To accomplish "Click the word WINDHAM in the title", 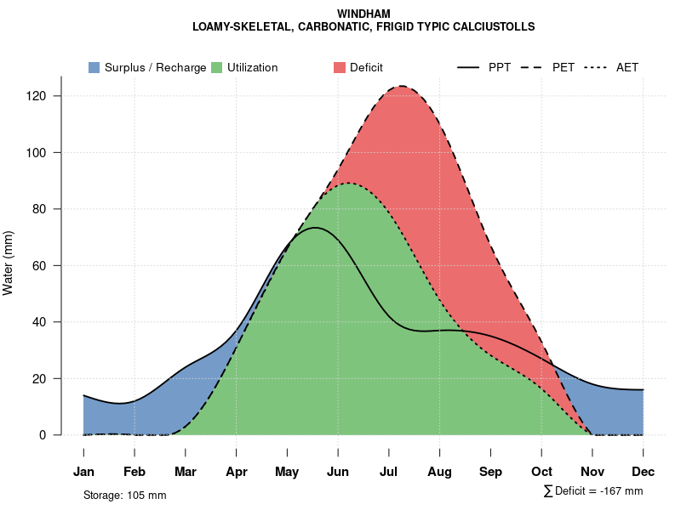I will click(x=363, y=14).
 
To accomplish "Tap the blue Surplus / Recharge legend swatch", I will click(x=94, y=67).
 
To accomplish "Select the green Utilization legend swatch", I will click(x=216, y=67).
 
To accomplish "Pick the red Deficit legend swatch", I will click(x=339, y=67).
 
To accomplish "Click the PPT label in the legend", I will click(x=500, y=67).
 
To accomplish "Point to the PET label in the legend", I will click(x=564, y=67).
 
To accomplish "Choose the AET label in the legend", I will click(x=627, y=67).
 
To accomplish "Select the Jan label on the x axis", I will click(x=83, y=472).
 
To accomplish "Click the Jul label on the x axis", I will click(x=389, y=472).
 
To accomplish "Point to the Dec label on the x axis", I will click(x=644, y=472).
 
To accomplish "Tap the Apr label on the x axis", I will click(x=237, y=472).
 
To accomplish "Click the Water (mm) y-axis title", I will click(x=9, y=263).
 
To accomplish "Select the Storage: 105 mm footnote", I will click(x=124, y=495).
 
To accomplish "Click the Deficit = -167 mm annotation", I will click(x=598, y=491).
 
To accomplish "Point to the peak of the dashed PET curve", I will click(x=401, y=86).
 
